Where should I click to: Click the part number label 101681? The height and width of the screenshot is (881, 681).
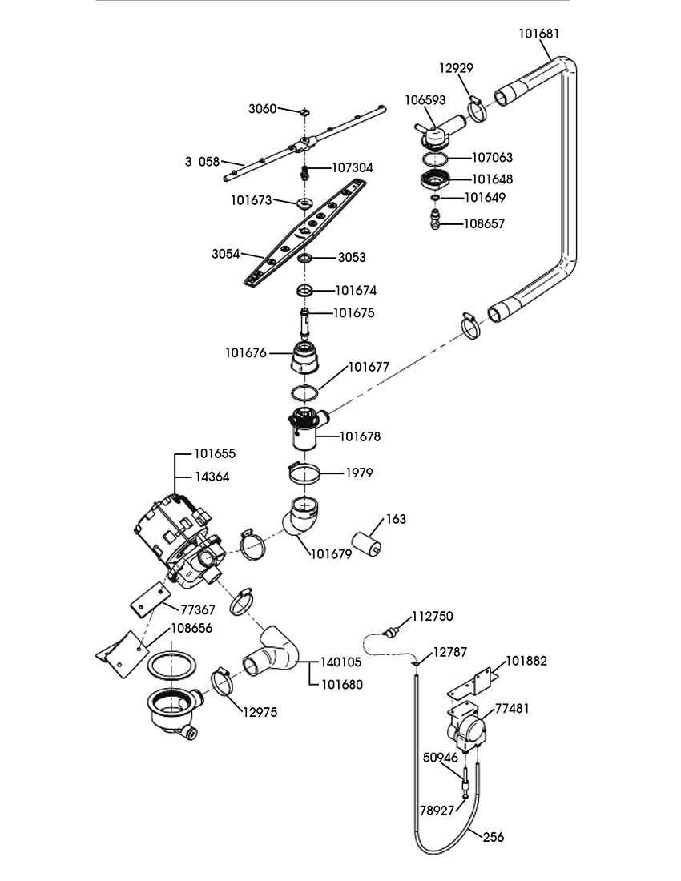[539, 34]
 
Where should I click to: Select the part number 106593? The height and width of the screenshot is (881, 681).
[425, 101]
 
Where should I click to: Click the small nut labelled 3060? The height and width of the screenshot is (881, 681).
[305, 111]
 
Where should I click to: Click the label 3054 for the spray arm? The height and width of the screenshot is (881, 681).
[227, 254]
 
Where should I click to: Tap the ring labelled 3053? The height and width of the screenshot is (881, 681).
[305, 259]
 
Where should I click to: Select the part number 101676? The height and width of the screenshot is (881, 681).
[247, 352]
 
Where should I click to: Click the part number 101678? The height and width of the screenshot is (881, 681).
[360, 436]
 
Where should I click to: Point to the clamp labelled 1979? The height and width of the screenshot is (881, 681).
[304, 473]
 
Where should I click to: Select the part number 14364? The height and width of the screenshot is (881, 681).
[212, 477]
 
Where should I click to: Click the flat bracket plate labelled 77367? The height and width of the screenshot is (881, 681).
[151, 600]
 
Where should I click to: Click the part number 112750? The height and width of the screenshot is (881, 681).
[433, 616]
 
